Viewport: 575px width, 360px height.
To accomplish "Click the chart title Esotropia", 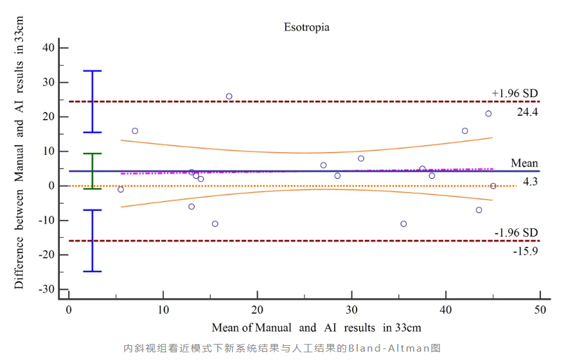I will point(306,27).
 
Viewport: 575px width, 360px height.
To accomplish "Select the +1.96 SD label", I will point(515,93).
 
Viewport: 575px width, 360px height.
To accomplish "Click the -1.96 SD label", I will point(516,232).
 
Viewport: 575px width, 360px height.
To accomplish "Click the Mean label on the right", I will point(524,163).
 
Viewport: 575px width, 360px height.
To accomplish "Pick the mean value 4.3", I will point(530,182).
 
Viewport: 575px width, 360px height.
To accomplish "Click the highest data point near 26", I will point(229,96).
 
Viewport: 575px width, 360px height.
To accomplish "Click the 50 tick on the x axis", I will point(540,309).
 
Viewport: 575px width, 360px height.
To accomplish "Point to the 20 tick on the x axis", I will point(257,309).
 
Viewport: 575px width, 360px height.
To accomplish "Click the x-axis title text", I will point(316,327).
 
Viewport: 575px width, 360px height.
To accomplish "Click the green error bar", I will point(93,171).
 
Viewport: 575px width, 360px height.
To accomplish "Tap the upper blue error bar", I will point(93,102).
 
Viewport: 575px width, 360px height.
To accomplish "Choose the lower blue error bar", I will point(93,240).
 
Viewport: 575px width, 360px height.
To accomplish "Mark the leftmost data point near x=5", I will point(120,190).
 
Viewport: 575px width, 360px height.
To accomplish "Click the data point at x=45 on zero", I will point(493,186).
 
